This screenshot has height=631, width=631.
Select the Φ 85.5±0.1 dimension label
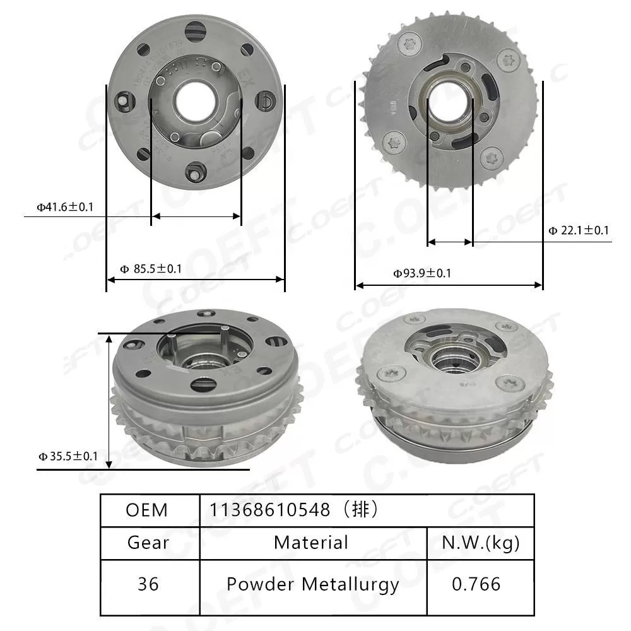151,269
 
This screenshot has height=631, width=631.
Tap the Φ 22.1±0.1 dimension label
579,231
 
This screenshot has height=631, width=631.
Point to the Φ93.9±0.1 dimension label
422,273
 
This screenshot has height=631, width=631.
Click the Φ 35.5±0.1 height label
68,456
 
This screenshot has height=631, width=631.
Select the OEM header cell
147,510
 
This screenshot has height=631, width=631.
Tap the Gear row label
148,542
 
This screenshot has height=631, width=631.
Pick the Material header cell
310,542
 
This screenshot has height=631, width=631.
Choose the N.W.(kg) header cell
481,542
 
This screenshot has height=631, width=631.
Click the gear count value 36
148,584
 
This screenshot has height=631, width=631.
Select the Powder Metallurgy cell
313,584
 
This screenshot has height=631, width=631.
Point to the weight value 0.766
476,584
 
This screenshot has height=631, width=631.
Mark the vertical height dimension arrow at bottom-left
110,401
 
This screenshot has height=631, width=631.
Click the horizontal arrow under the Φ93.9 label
449,285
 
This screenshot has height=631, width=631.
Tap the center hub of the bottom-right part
454,358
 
